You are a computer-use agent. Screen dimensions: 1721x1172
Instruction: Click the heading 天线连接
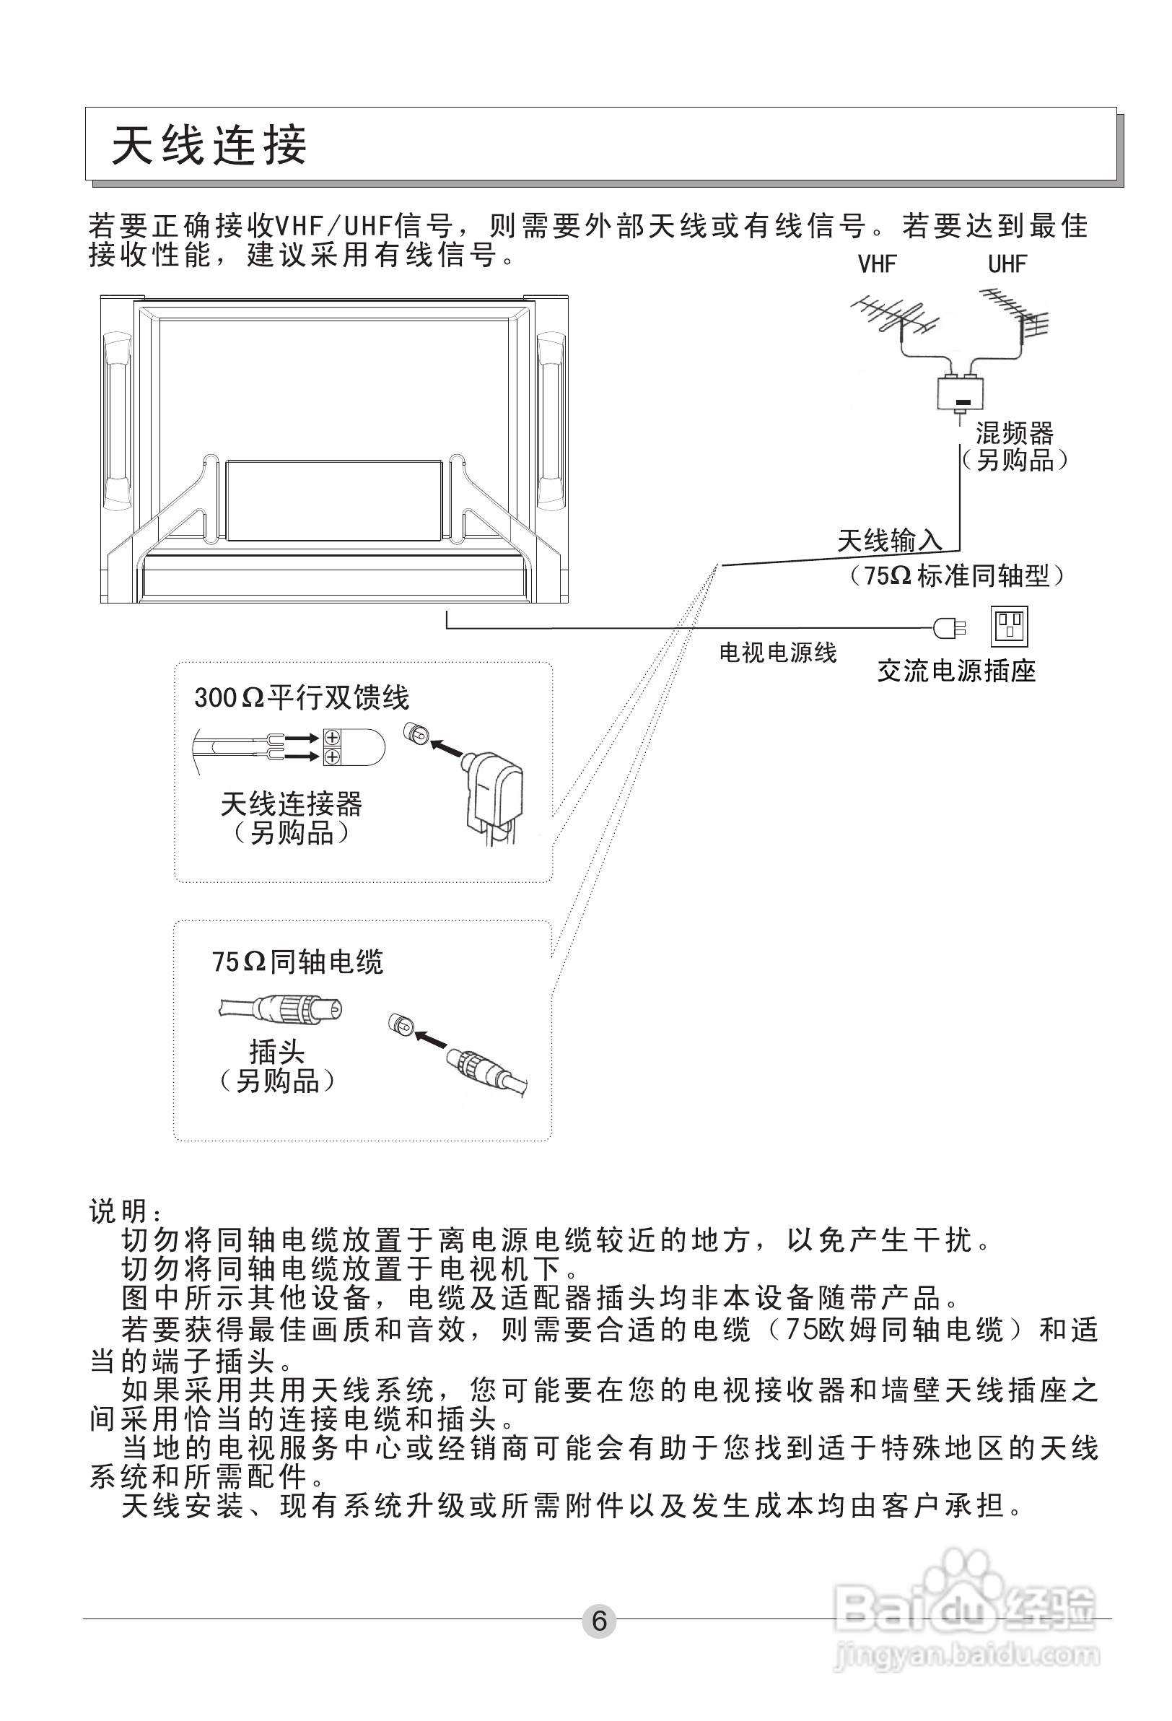point(209,145)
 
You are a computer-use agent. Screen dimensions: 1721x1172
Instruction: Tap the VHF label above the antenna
point(877,264)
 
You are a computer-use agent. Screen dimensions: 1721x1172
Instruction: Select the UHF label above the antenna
point(1007,264)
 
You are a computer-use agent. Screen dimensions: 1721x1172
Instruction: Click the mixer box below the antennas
point(961,393)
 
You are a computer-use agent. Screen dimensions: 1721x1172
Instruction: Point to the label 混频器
point(1013,432)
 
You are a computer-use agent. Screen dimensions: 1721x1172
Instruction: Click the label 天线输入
point(889,541)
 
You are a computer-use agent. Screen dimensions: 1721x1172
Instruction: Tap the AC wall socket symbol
point(1009,627)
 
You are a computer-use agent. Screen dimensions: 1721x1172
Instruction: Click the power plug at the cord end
point(948,629)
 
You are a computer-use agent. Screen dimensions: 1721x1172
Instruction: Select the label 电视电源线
point(777,653)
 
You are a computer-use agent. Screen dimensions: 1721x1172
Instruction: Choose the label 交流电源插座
point(955,671)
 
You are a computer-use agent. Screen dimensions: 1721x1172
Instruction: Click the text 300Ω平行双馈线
point(302,697)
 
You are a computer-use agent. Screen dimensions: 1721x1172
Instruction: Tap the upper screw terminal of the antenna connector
point(332,738)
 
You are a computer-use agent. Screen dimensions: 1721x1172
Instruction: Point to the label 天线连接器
point(291,804)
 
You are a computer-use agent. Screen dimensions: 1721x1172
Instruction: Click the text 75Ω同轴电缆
point(297,962)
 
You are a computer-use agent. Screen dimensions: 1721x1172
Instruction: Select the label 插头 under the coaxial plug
point(277,1052)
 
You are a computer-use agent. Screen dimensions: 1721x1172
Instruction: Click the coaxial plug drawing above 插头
point(281,1008)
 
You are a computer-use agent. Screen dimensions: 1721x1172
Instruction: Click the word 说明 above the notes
point(118,1211)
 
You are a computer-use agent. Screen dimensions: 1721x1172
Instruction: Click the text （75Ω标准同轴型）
point(955,575)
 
